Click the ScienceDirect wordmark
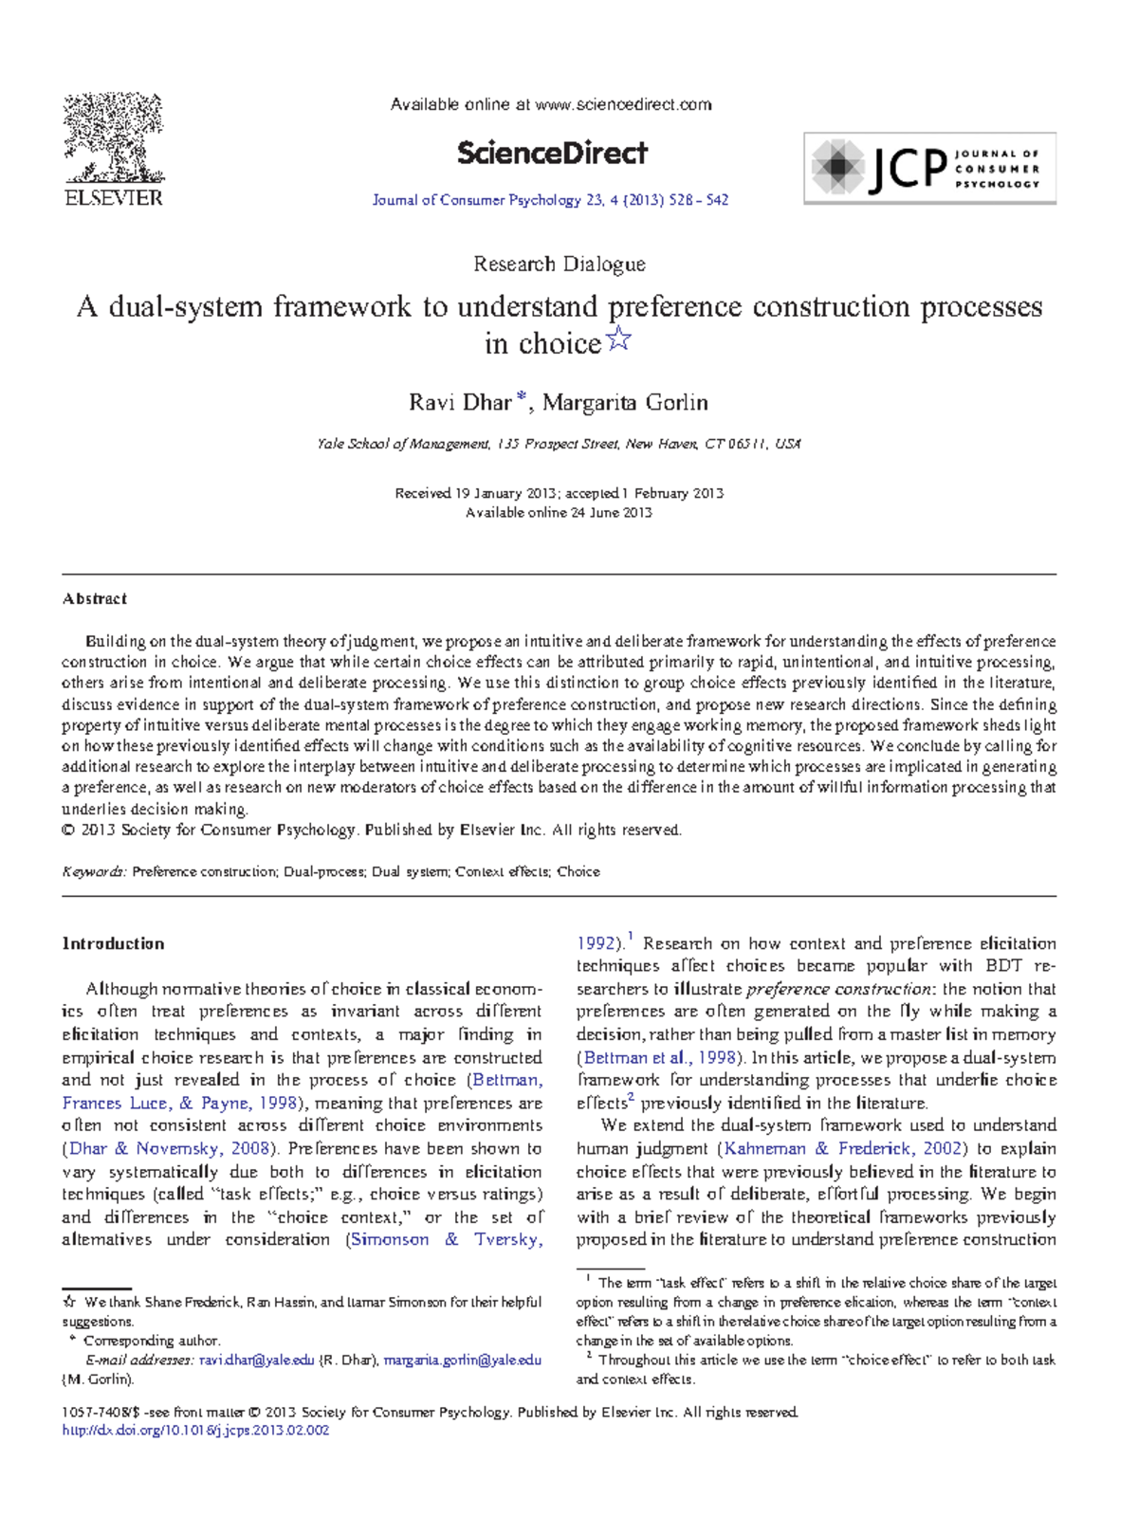click(552, 153)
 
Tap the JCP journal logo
click(929, 168)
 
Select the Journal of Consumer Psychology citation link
click(550, 200)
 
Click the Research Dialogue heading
click(560, 265)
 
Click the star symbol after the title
click(618, 338)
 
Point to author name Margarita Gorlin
click(625, 403)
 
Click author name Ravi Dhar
click(460, 403)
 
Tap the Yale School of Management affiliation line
click(559, 444)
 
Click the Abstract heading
click(94, 599)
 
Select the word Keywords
click(93, 871)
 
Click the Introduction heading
click(113, 943)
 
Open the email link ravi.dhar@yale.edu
click(256, 1360)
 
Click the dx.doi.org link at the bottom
click(195, 1431)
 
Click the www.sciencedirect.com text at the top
click(623, 105)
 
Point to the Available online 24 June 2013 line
click(559, 513)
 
